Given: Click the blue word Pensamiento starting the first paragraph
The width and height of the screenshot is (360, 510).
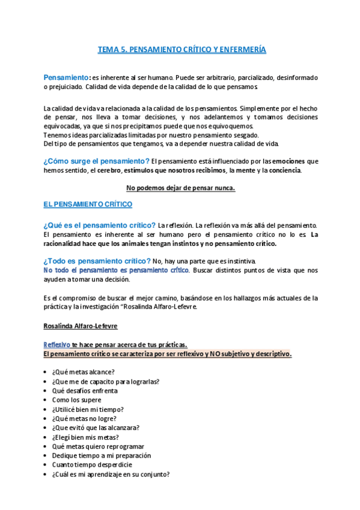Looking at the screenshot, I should (x=66, y=78).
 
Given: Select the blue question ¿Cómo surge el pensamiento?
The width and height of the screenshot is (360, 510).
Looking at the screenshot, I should (x=96, y=161).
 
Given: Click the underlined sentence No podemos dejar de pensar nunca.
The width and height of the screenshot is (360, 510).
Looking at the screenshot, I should (x=181, y=188).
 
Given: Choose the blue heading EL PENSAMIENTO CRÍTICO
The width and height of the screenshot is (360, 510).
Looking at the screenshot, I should (x=88, y=204).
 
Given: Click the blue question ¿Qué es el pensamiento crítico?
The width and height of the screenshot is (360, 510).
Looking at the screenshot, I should (x=99, y=225).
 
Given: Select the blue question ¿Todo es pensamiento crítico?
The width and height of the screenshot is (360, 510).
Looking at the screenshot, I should (x=97, y=261).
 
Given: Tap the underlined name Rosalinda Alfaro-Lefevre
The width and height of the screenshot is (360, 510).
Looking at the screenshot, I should (x=80, y=326).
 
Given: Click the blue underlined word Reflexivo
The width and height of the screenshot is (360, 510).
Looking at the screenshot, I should (x=57, y=345).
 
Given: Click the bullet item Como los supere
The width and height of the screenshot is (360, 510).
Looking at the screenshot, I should (x=76, y=400).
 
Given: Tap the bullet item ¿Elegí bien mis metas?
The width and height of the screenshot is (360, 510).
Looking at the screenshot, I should (x=85, y=437).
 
